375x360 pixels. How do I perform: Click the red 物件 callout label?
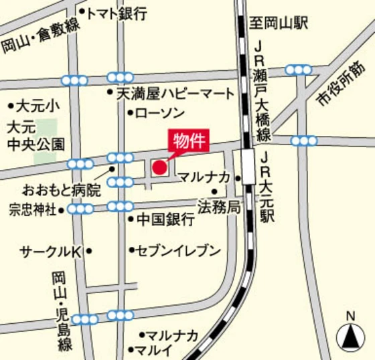click(187, 142)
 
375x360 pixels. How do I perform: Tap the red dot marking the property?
click(159, 167)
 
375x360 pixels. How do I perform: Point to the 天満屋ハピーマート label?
click(175, 94)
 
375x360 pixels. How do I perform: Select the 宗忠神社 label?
click(33, 210)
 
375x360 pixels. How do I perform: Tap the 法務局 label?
click(218, 206)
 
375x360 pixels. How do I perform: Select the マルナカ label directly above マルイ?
click(172, 335)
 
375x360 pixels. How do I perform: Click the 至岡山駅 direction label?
click(279, 24)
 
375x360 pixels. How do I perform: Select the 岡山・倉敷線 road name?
click(40, 35)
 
